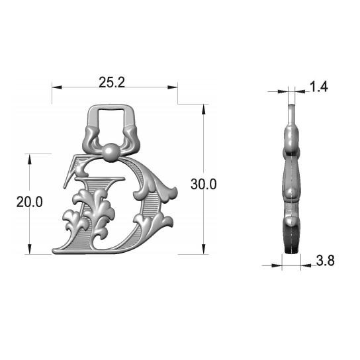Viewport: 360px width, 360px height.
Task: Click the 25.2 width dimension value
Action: click(x=112, y=82)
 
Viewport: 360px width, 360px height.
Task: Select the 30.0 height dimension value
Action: click(x=203, y=184)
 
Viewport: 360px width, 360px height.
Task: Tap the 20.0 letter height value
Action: click(x=29, y=202)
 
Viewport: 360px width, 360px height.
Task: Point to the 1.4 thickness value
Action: click(x=319, y=87)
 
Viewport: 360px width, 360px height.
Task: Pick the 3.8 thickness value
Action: click(x=325, y=261)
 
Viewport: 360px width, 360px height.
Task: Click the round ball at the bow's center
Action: click(x=111, y=152)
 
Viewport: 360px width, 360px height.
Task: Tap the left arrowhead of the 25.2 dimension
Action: click(x=57, y=87)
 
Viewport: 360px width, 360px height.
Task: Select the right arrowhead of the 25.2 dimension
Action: click(x=173, y=87)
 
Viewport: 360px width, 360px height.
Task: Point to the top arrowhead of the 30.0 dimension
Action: click(x=203, y=109)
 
